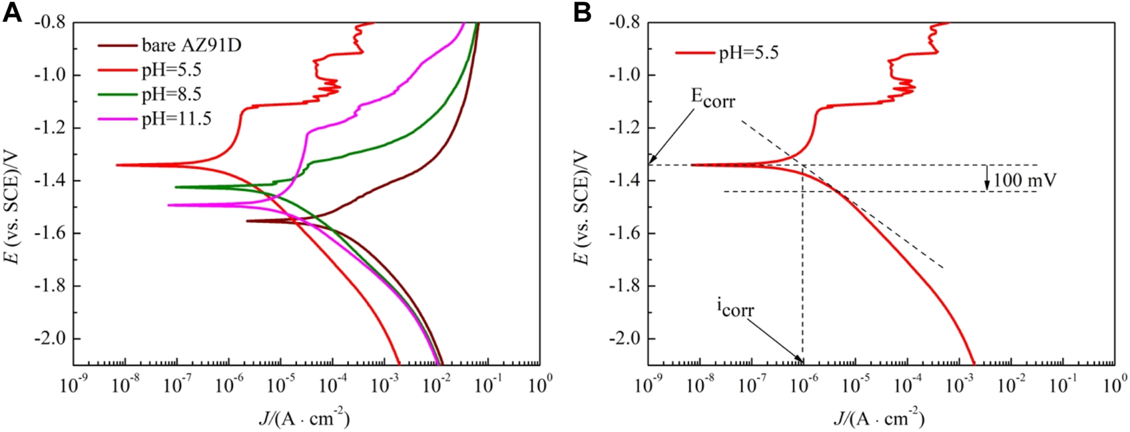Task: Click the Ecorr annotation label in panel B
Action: click(712, 99)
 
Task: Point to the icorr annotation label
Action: click(735, 308)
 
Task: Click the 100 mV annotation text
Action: click(1023, 180)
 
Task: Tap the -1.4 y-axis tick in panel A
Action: click(51, 180)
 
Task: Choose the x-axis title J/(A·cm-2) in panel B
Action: click(879, 418)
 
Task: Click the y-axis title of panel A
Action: click(13, 193)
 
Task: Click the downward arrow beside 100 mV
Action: click(987, 178)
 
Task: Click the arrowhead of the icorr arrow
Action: click(801, 360)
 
